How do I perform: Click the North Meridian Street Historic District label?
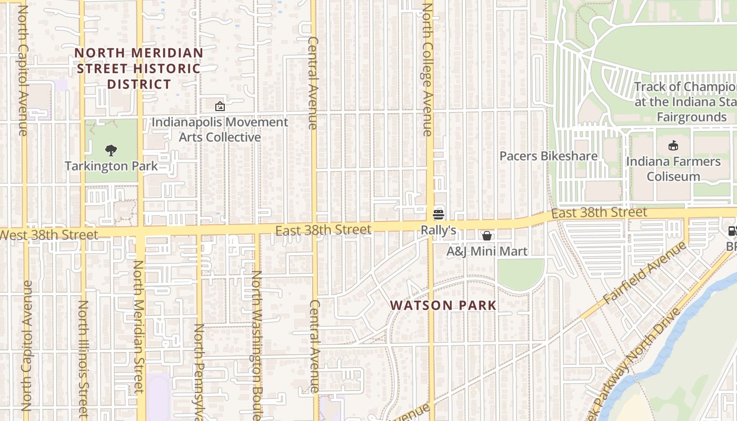click(139, 68)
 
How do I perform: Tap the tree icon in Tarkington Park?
click(111, 151)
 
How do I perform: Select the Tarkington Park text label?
click(111, 166)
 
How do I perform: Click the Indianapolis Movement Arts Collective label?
click(220, 130)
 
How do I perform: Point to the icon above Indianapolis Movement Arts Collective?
click(220, 106)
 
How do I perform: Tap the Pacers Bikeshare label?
click(548, 156)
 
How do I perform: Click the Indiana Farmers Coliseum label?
click(673, 169)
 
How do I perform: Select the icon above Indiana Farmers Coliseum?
click(673, 146)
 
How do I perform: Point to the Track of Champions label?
click(684, 102)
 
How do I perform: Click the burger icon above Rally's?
click(439, 214)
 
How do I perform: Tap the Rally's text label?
click(438, 230)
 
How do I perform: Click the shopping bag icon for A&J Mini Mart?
click(487, 235)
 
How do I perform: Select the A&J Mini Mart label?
click(487, 252)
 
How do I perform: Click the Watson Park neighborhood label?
click(443, 305)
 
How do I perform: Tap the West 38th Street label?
click(48, 235)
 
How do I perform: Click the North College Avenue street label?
click(427, 69)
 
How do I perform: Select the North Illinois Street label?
click(83, 358)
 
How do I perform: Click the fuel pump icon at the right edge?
click(732, 230)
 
